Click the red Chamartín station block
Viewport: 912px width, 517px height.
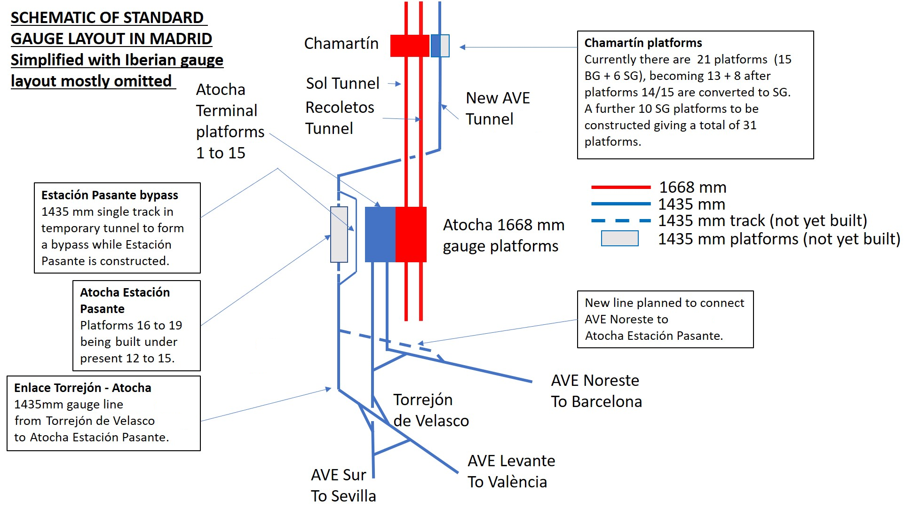point(410,46)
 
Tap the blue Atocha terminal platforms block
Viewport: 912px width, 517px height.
point(380,234)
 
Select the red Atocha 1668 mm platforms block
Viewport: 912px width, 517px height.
point(411,234)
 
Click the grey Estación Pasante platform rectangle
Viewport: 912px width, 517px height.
point(339,234)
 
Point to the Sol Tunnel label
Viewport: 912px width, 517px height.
point(342,83)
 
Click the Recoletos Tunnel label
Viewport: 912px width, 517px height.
point(340,117)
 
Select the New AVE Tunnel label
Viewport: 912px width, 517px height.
point(498,108)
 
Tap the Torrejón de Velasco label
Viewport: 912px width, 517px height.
point(431,410)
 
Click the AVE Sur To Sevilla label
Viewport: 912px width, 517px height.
point(343,485)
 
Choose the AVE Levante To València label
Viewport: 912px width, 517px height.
point(511,471)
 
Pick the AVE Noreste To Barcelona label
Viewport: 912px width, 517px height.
point(596,391)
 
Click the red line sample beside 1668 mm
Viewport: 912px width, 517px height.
point(621,187)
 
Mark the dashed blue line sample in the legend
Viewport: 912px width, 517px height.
point(621,220)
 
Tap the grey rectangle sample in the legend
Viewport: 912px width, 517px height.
point(620,238)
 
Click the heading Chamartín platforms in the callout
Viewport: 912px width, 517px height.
point(643,43)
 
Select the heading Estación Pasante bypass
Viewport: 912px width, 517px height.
point(110,195)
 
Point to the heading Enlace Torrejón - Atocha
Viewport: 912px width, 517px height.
point(83,388)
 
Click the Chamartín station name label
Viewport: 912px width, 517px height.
point(341,43)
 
